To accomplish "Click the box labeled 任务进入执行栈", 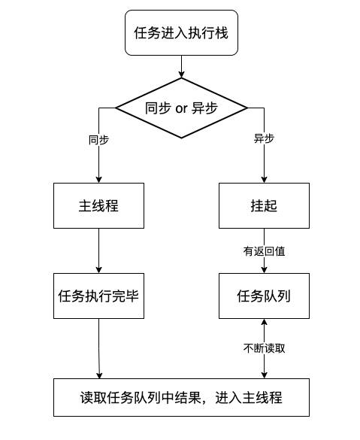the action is click(181, 33).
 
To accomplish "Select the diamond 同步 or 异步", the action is click(181, 108).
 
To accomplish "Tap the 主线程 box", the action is click(98, 205).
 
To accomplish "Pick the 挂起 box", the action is click(264, 205).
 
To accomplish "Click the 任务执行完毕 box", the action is click(98, 296).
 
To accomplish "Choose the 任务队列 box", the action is click(264, 296).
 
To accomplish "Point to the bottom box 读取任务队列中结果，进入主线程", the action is click(181, 397).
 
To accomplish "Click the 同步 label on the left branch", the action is click(98, 140).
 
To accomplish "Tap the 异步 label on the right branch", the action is click(264, 138).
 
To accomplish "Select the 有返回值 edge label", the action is click(264, 251).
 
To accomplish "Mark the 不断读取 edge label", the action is click(264, 348).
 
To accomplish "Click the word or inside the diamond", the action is click(181, 109).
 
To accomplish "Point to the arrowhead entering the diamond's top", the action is click(181, 74).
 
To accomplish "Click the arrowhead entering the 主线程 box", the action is click(98, 179).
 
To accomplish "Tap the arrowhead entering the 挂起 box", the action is click(264, 179).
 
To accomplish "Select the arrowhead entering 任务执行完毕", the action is click(98, 269).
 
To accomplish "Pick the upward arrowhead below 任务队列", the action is click(264, 323).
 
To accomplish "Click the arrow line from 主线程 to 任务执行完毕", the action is click(98, 250).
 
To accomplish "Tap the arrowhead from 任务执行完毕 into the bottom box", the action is click(99, 375).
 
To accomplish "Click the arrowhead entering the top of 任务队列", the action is click(264, 269).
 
